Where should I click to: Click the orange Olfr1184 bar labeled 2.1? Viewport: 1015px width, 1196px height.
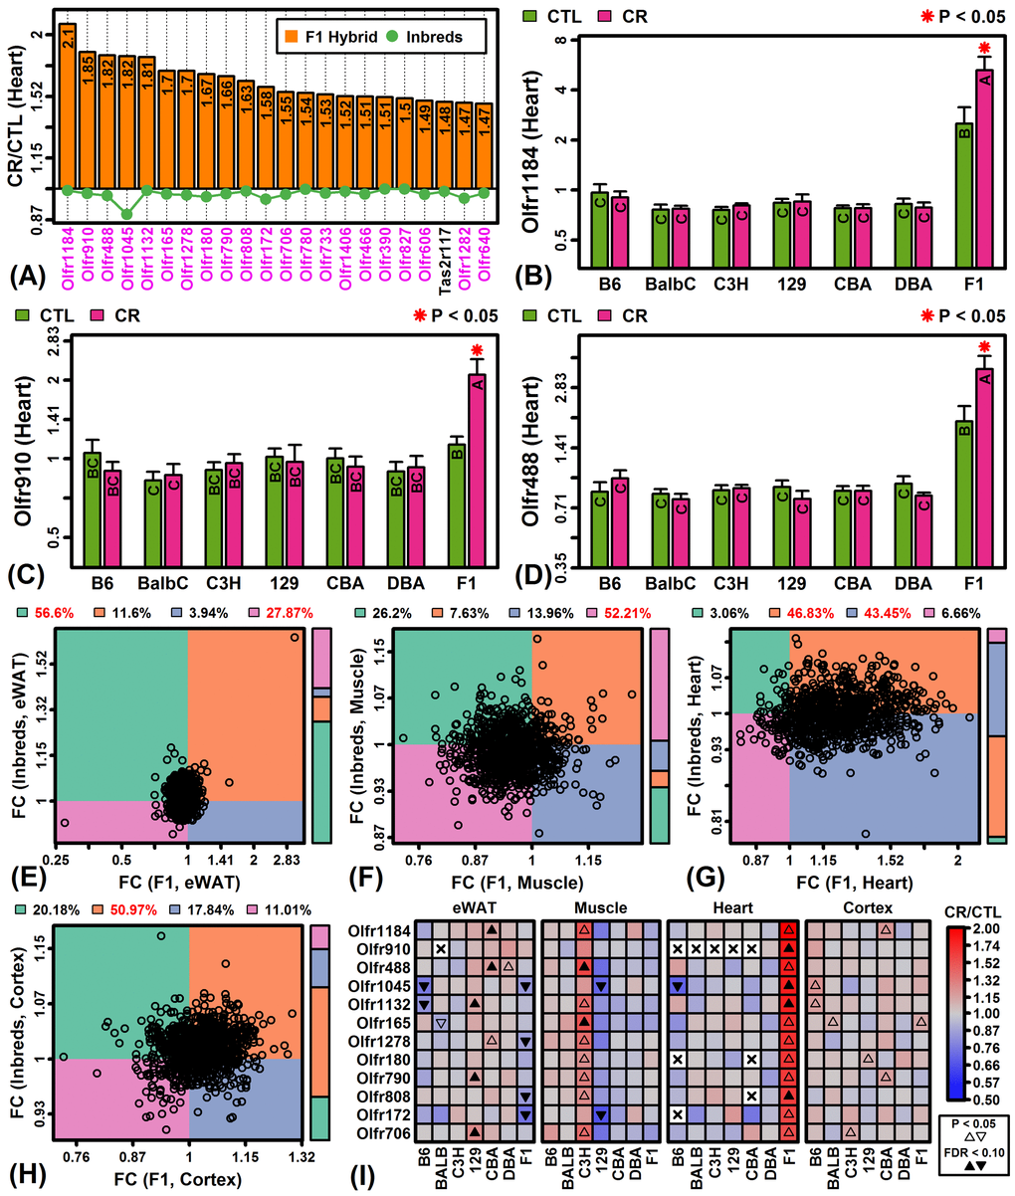point(68,104)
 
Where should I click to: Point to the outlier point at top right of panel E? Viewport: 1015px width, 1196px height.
point(294,638)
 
